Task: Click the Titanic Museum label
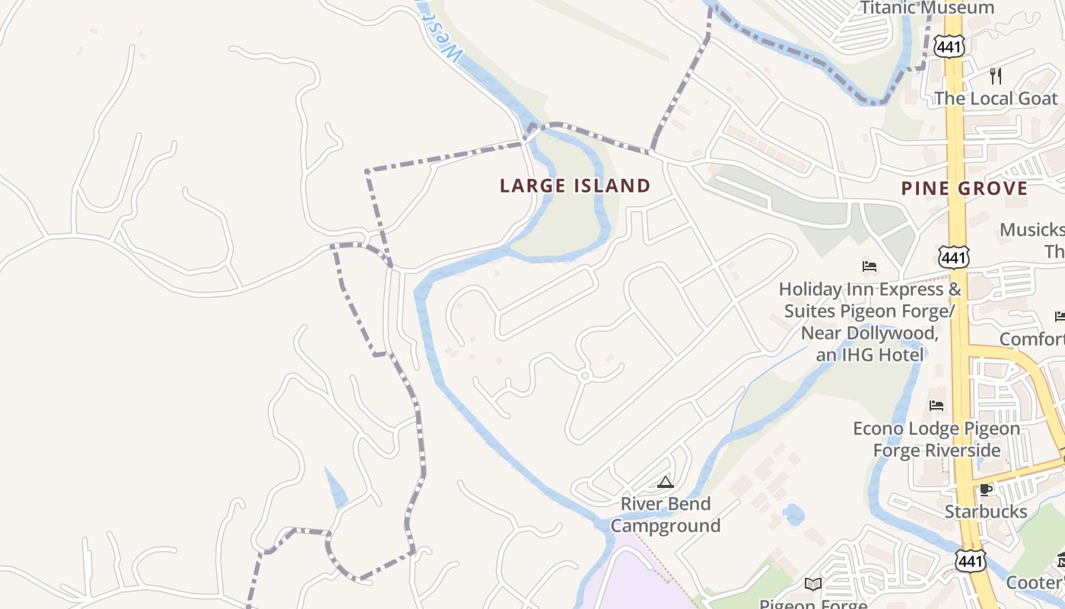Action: click(927, 8)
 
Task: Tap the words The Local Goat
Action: click(995, 98)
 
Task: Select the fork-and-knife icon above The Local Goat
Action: click(995, 75)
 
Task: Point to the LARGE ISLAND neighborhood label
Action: click(575, 186)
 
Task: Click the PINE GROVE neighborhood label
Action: click(964, 188)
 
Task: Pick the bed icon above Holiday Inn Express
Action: click(869, 266)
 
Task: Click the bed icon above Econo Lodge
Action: click(936, 406)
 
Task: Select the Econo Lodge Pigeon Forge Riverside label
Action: click(936, 439)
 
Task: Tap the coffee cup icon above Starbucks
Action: click(986, 489)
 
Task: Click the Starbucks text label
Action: click(986, 511)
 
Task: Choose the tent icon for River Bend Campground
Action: click(666, 481)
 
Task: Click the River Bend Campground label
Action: click(666, 515)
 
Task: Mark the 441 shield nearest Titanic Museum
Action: click(951, 46)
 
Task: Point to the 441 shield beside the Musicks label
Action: click(953, 257)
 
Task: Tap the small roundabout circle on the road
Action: click(584, 375)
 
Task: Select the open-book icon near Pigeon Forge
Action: click(813, 584)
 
